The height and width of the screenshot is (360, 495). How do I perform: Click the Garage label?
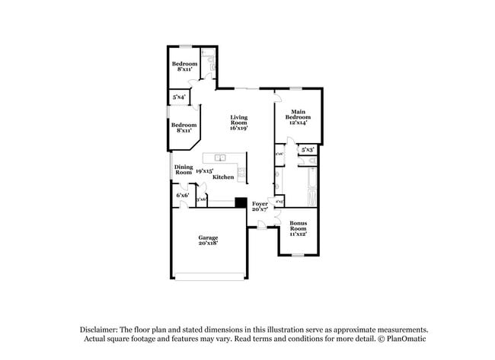click(x=208, y=240)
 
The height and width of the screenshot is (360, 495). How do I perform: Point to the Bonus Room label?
click(x=298, y=226)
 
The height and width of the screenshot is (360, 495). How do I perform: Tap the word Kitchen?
click(x=223, y=177)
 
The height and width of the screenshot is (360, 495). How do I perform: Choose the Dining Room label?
click(x=184, y=170)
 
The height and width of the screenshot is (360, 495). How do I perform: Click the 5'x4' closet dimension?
click(x=179, y=97)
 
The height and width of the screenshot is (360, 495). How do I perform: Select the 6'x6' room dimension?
click(x=183, y=196)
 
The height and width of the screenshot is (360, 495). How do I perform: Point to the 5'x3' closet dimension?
click(x=308, y=150)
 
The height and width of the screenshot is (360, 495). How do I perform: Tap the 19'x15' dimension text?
click(x=203, y=171)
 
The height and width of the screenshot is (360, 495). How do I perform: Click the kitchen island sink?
click(x=219, y=158)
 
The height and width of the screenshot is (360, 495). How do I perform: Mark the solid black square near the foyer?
click(x=241, y=202)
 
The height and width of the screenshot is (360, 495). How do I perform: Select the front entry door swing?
click(x=261, y=223)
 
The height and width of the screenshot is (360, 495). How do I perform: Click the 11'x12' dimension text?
click(x=298, y=234)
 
